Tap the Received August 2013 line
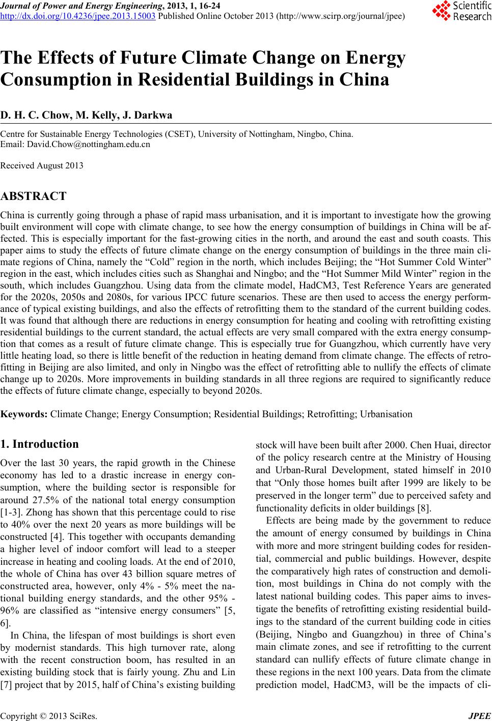(42, 165)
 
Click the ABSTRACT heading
(34, 196)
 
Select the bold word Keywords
(24, 414)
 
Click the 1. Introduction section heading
(40, 444)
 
